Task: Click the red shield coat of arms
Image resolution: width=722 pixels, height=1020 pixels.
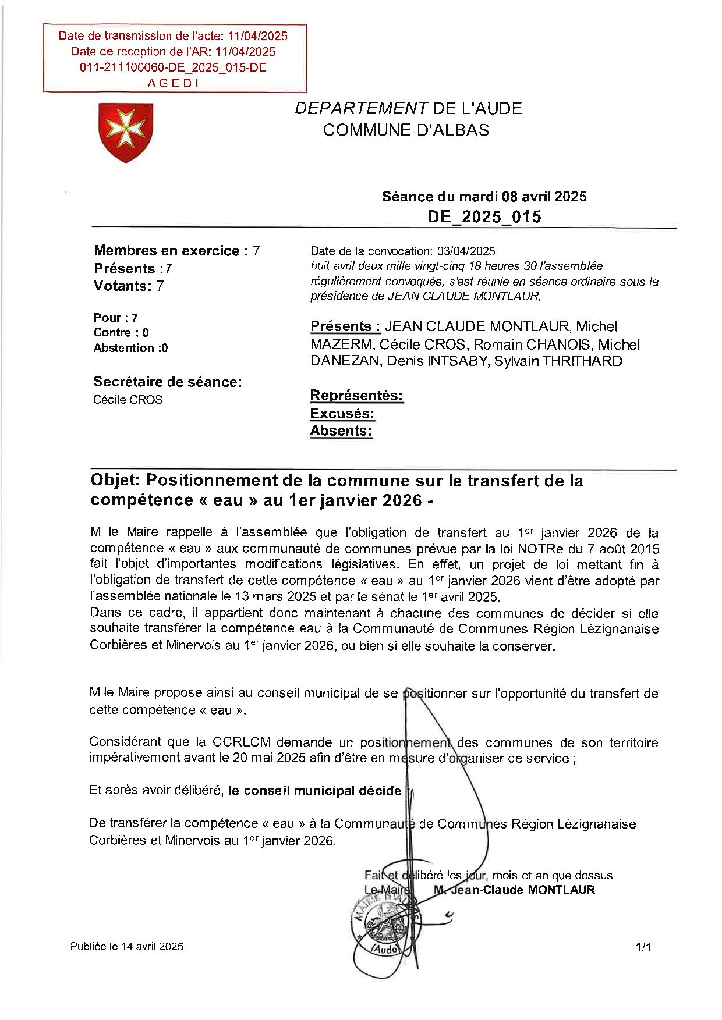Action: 126,132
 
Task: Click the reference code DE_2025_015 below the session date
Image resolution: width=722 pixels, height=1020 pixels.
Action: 484,217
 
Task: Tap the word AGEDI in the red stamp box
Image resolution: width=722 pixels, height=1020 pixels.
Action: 173,83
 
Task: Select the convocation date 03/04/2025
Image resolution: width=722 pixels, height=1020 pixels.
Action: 466,251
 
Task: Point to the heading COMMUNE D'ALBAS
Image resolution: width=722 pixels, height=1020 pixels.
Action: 406,130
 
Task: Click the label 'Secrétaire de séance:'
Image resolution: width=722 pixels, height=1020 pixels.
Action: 167,382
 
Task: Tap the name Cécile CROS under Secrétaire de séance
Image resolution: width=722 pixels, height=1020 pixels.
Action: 128,400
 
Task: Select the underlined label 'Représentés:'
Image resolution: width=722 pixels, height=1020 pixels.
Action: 356,396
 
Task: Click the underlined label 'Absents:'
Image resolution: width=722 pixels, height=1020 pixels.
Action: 341,431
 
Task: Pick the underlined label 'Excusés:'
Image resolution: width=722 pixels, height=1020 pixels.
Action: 342,414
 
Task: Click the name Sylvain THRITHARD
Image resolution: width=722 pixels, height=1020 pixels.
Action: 558,361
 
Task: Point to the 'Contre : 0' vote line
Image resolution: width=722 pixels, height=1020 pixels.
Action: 121,333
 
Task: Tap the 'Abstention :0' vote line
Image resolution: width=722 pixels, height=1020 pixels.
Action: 130,348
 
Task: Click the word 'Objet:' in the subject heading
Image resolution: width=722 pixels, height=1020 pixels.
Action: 115,481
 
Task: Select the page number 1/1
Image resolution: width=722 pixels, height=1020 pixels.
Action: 643,948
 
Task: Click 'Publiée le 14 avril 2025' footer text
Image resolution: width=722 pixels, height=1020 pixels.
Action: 127,947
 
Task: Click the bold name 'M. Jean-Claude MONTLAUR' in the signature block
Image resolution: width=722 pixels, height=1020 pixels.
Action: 515,890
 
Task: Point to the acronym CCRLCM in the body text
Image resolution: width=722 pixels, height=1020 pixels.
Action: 241,742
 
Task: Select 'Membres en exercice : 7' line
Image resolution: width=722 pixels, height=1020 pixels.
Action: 176,251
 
